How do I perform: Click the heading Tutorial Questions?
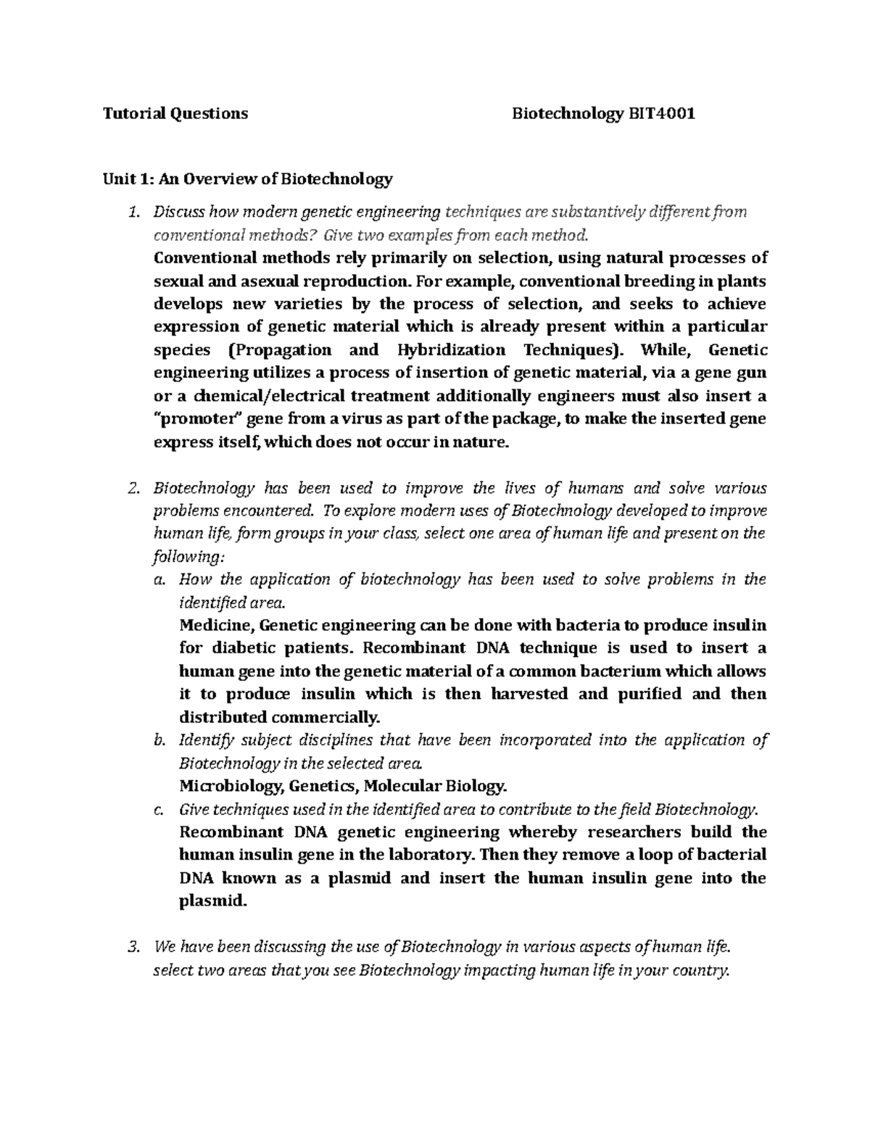[x=175, y=113]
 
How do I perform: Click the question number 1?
[x=131, y=212]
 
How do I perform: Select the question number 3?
[x=132, y=947]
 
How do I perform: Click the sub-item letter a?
[x=159, y=579]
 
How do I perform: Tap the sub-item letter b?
[x=159, y=740]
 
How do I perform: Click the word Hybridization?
[x=452, y=350]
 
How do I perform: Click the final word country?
[x=698, y=971]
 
